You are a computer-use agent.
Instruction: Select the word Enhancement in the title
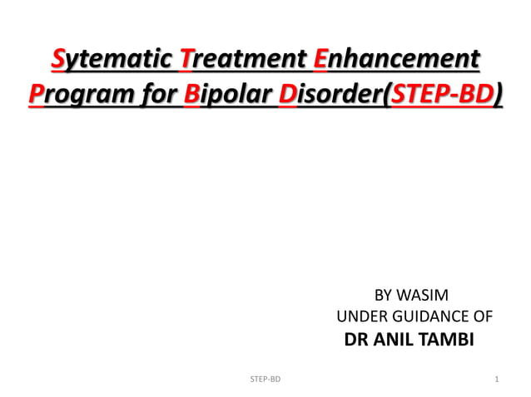pos(396,61)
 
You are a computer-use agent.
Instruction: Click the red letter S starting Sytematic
pos(58,61)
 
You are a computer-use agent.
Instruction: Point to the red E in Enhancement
pos(320,61)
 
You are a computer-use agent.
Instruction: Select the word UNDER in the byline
pos(358,316)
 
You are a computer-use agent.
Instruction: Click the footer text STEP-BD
pos(265,380)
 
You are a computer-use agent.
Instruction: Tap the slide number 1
pos(496,380)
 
